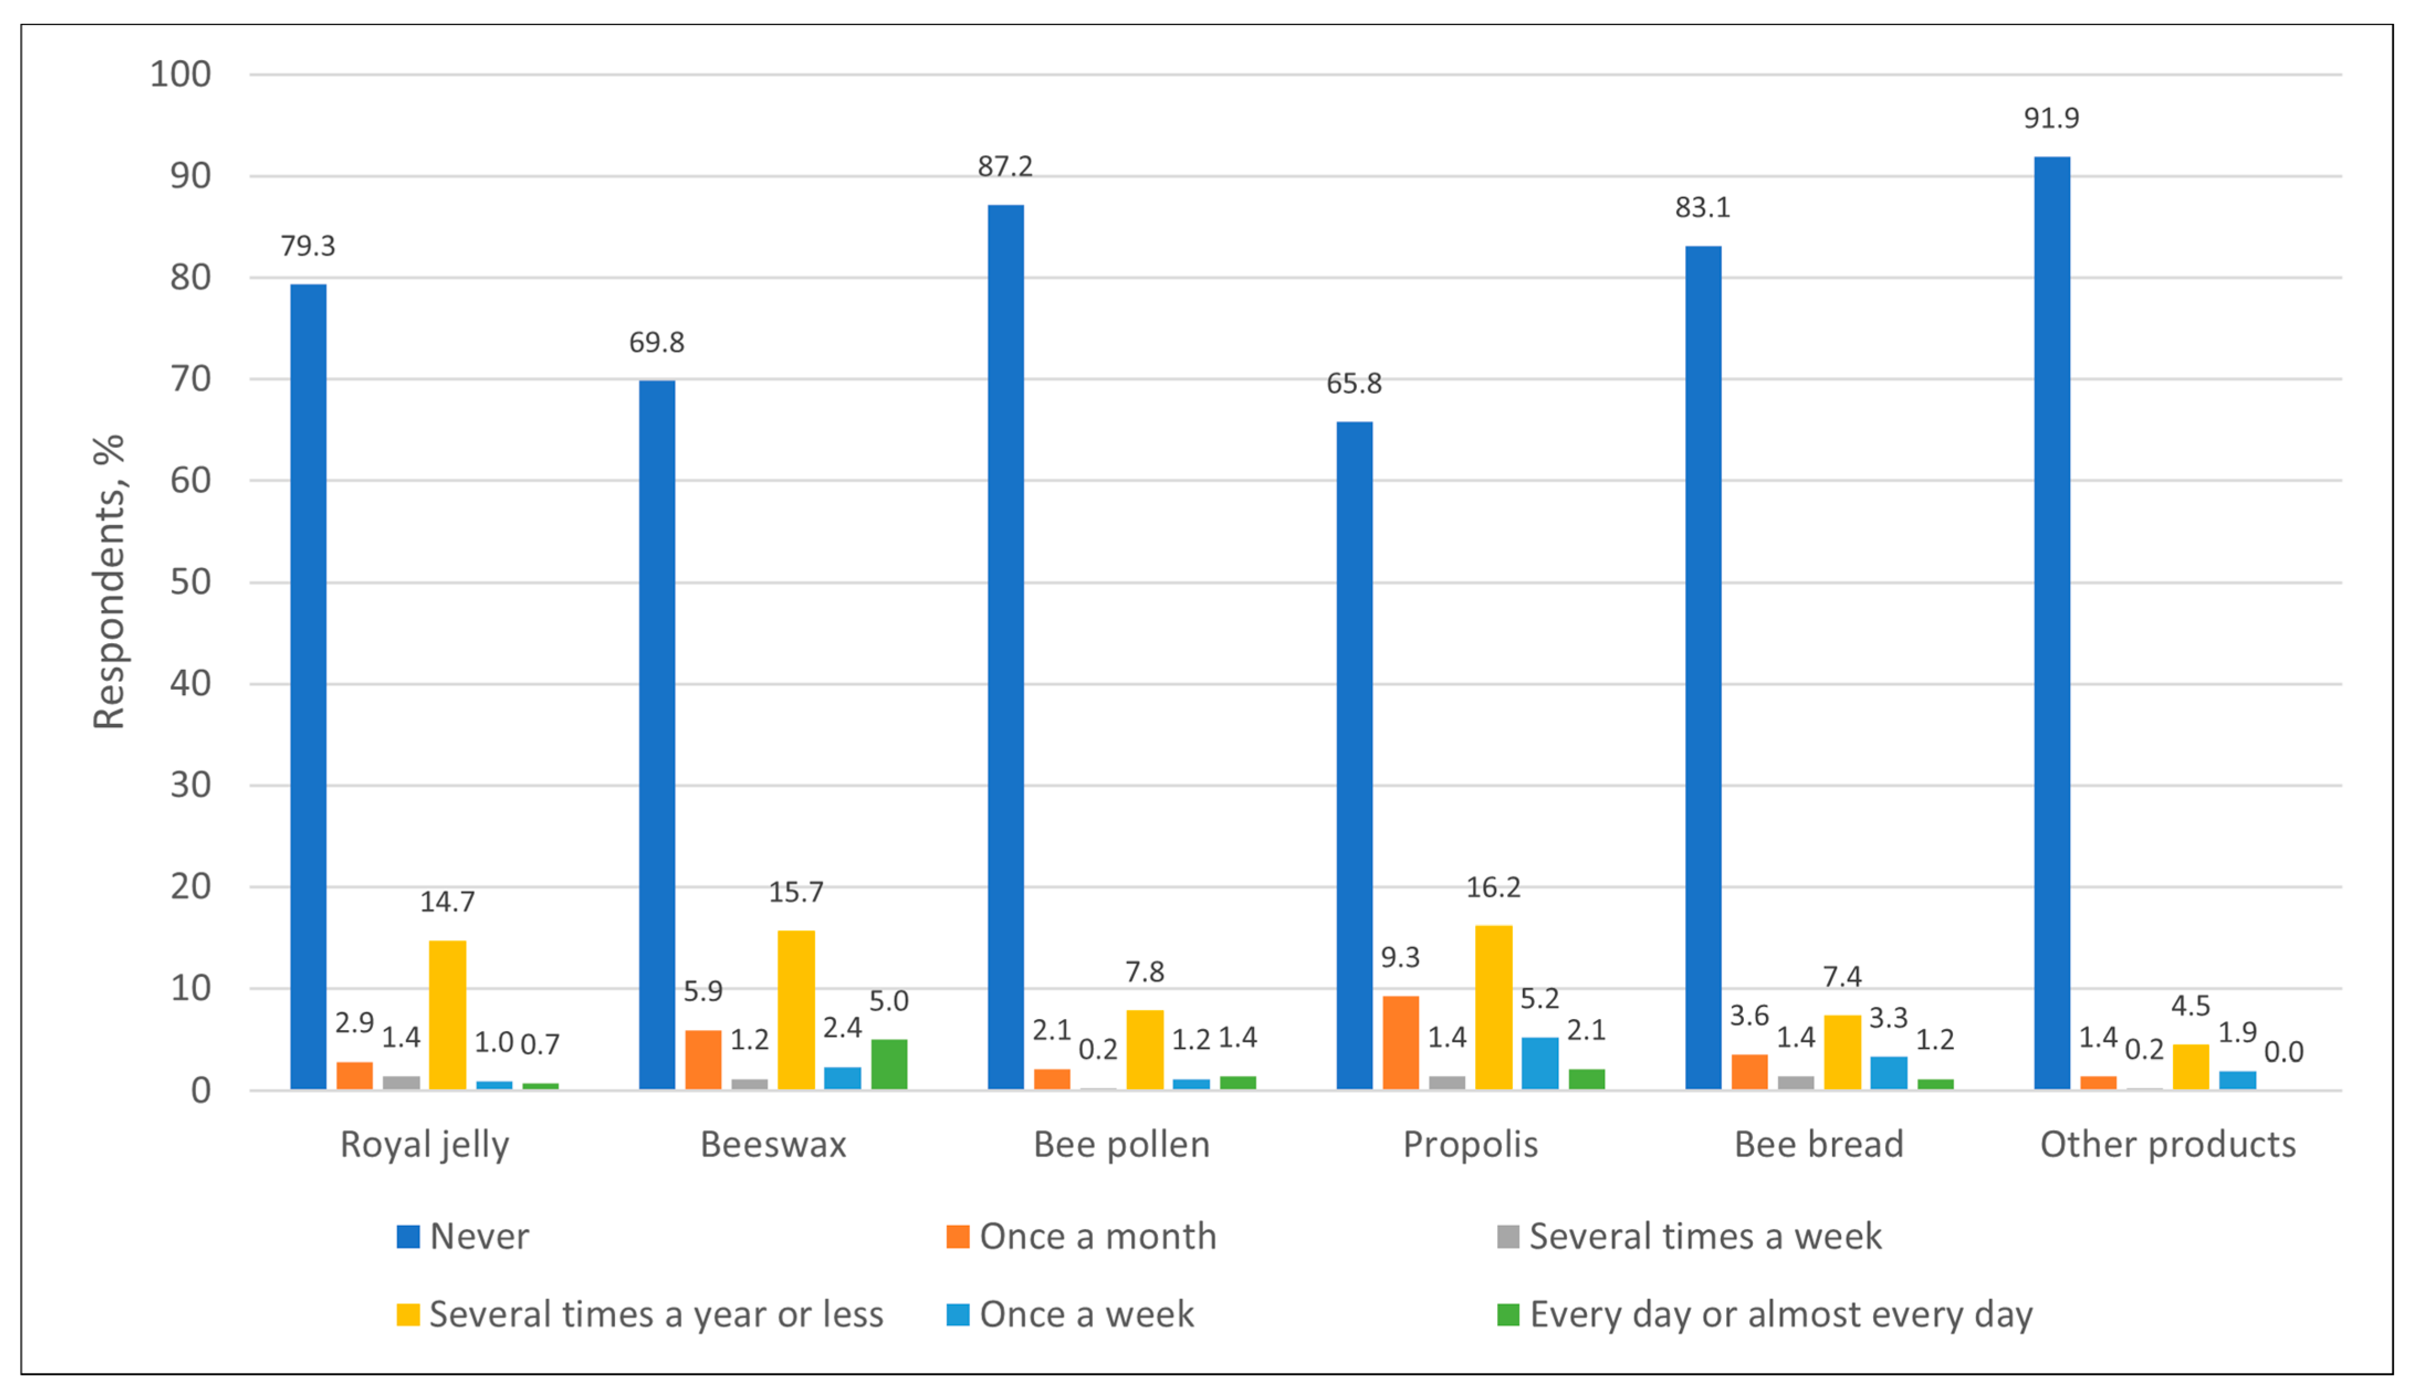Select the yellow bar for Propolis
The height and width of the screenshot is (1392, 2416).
coord(1493,1008)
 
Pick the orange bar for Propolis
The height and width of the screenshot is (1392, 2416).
coord(1401,1043)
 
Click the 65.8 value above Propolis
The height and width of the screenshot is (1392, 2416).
coord(1354,384)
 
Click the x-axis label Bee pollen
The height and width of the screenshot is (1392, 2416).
coord(1121,1144)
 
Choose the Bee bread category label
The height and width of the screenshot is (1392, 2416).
coord(1818,1144)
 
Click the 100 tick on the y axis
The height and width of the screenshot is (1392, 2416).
coord(181,75)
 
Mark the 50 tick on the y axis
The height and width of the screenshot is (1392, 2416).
coord(190,582)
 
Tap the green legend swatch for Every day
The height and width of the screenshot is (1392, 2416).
coord(1508,1315)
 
